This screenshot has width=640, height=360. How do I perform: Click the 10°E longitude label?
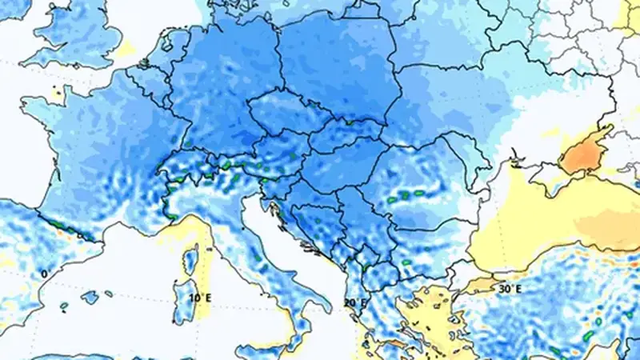tap(200, 298)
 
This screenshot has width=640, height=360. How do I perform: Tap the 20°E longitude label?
tap(354, 303)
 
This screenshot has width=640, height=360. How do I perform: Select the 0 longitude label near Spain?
tap(44, 274)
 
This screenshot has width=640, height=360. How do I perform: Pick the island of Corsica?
tap(191, 258)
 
